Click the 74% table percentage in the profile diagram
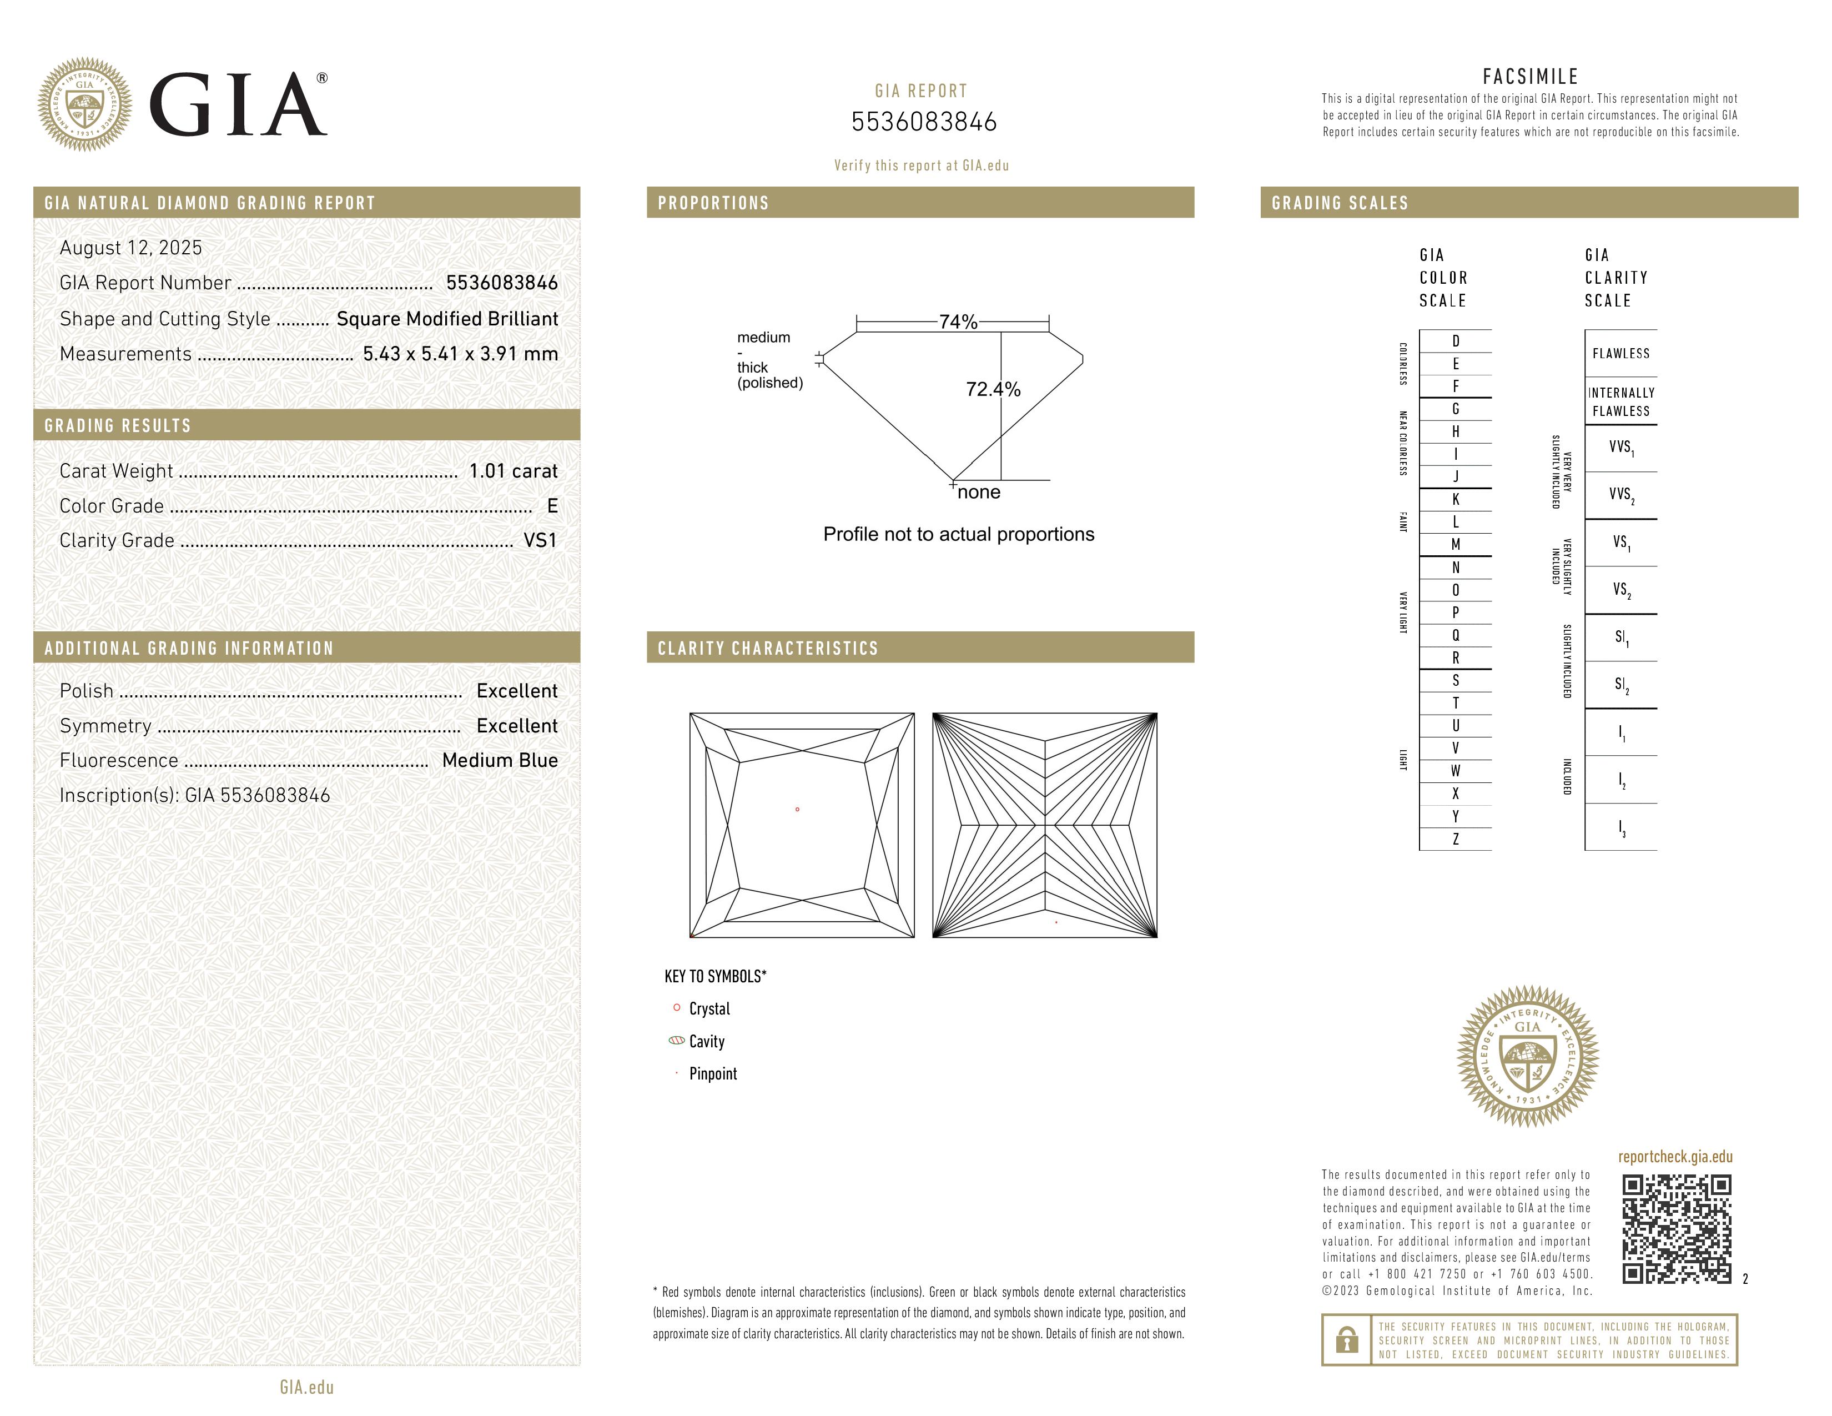click(x=958, y=322)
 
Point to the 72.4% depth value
click(x=993, y=389)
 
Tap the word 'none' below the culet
click(x=979, y=493)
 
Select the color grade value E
click(x=552, y=506)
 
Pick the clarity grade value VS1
click(x=540, y=541)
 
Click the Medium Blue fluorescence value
click(x=500, y=761)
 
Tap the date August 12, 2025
click(x=131, y=248)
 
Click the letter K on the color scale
click(x=1456, y=500)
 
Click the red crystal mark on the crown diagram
click(x=797, y=810)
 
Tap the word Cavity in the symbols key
click(x=706, y=1042)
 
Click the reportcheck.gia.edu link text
click(x=1675, y=1157)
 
